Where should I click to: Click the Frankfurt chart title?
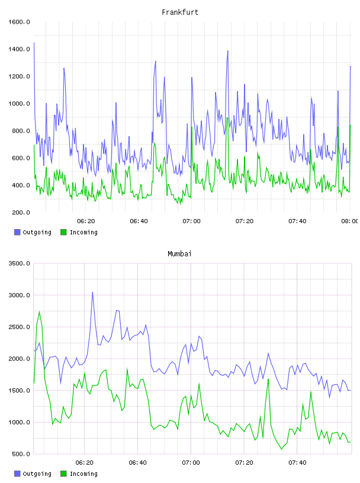click(x=180, y=12)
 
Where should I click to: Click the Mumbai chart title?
click(x=179, y=254)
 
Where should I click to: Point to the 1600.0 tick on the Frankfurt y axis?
click(x=19, y=22)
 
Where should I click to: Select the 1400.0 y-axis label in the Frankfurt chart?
click(x=19, y=49)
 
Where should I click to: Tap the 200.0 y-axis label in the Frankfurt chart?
click(x=21, y=212)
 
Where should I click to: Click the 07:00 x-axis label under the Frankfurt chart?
click(x=191, y=221)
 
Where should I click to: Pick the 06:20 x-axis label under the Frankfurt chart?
click(x=86, y=221)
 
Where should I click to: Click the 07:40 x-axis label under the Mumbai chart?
click(x=297, y=463)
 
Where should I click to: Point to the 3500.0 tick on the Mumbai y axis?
click(x=19, y=263)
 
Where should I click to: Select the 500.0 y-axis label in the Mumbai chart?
click(x=21, y=454)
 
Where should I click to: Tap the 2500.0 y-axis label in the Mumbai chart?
click(x=19, y=327)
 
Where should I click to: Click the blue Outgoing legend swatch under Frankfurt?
click(x=17, y=232)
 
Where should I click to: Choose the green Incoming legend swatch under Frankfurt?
click(x=63, y=232)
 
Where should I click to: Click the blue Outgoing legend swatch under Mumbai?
click(x=17, y=474)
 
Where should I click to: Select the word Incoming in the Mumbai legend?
click(x=83, y=474)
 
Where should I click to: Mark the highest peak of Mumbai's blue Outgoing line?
click(x=92, y=292)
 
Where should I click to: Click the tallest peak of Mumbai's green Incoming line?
click(x=39, y=311)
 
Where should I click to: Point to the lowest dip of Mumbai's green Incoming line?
click(x=281, y=449)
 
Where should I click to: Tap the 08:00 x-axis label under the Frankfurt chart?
click(x=350, y=221)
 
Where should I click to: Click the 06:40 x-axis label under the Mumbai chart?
click(x=138, y=463)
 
